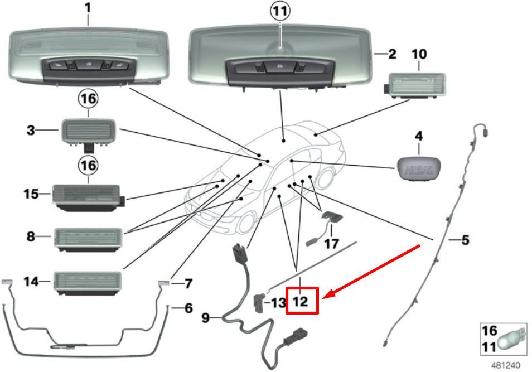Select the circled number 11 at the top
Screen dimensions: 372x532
pos(280,11)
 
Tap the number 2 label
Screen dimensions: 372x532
pos(392,54)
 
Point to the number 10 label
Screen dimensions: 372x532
pos(419,54)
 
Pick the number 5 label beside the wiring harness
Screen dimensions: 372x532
pos(465,241)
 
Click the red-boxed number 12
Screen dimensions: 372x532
pos(302,301)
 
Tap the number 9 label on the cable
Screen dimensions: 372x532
pos(206,318)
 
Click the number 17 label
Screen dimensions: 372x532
pos(331,244)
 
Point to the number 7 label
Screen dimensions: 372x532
pos(188,284)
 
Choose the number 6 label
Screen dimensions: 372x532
pos(188,308)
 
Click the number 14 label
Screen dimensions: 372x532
pos(31,282)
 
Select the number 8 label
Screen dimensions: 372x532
pos(31,236)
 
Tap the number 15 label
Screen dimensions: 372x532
pos(31,194)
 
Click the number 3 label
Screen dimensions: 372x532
pos(31,131)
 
